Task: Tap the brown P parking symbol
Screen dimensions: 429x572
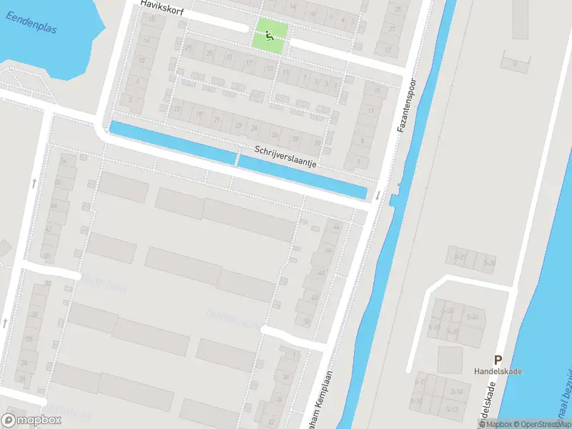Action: (x=498, y=360)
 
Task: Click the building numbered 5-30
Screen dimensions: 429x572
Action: (x=489, y=263)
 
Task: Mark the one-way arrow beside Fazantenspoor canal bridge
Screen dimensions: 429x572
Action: (x=376, y=194)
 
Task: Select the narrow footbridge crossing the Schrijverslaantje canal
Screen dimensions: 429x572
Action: (x=237, y=157)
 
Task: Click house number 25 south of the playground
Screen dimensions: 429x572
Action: (x=210, y=54)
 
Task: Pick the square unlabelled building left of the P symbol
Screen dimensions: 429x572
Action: (x=450, y=359)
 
